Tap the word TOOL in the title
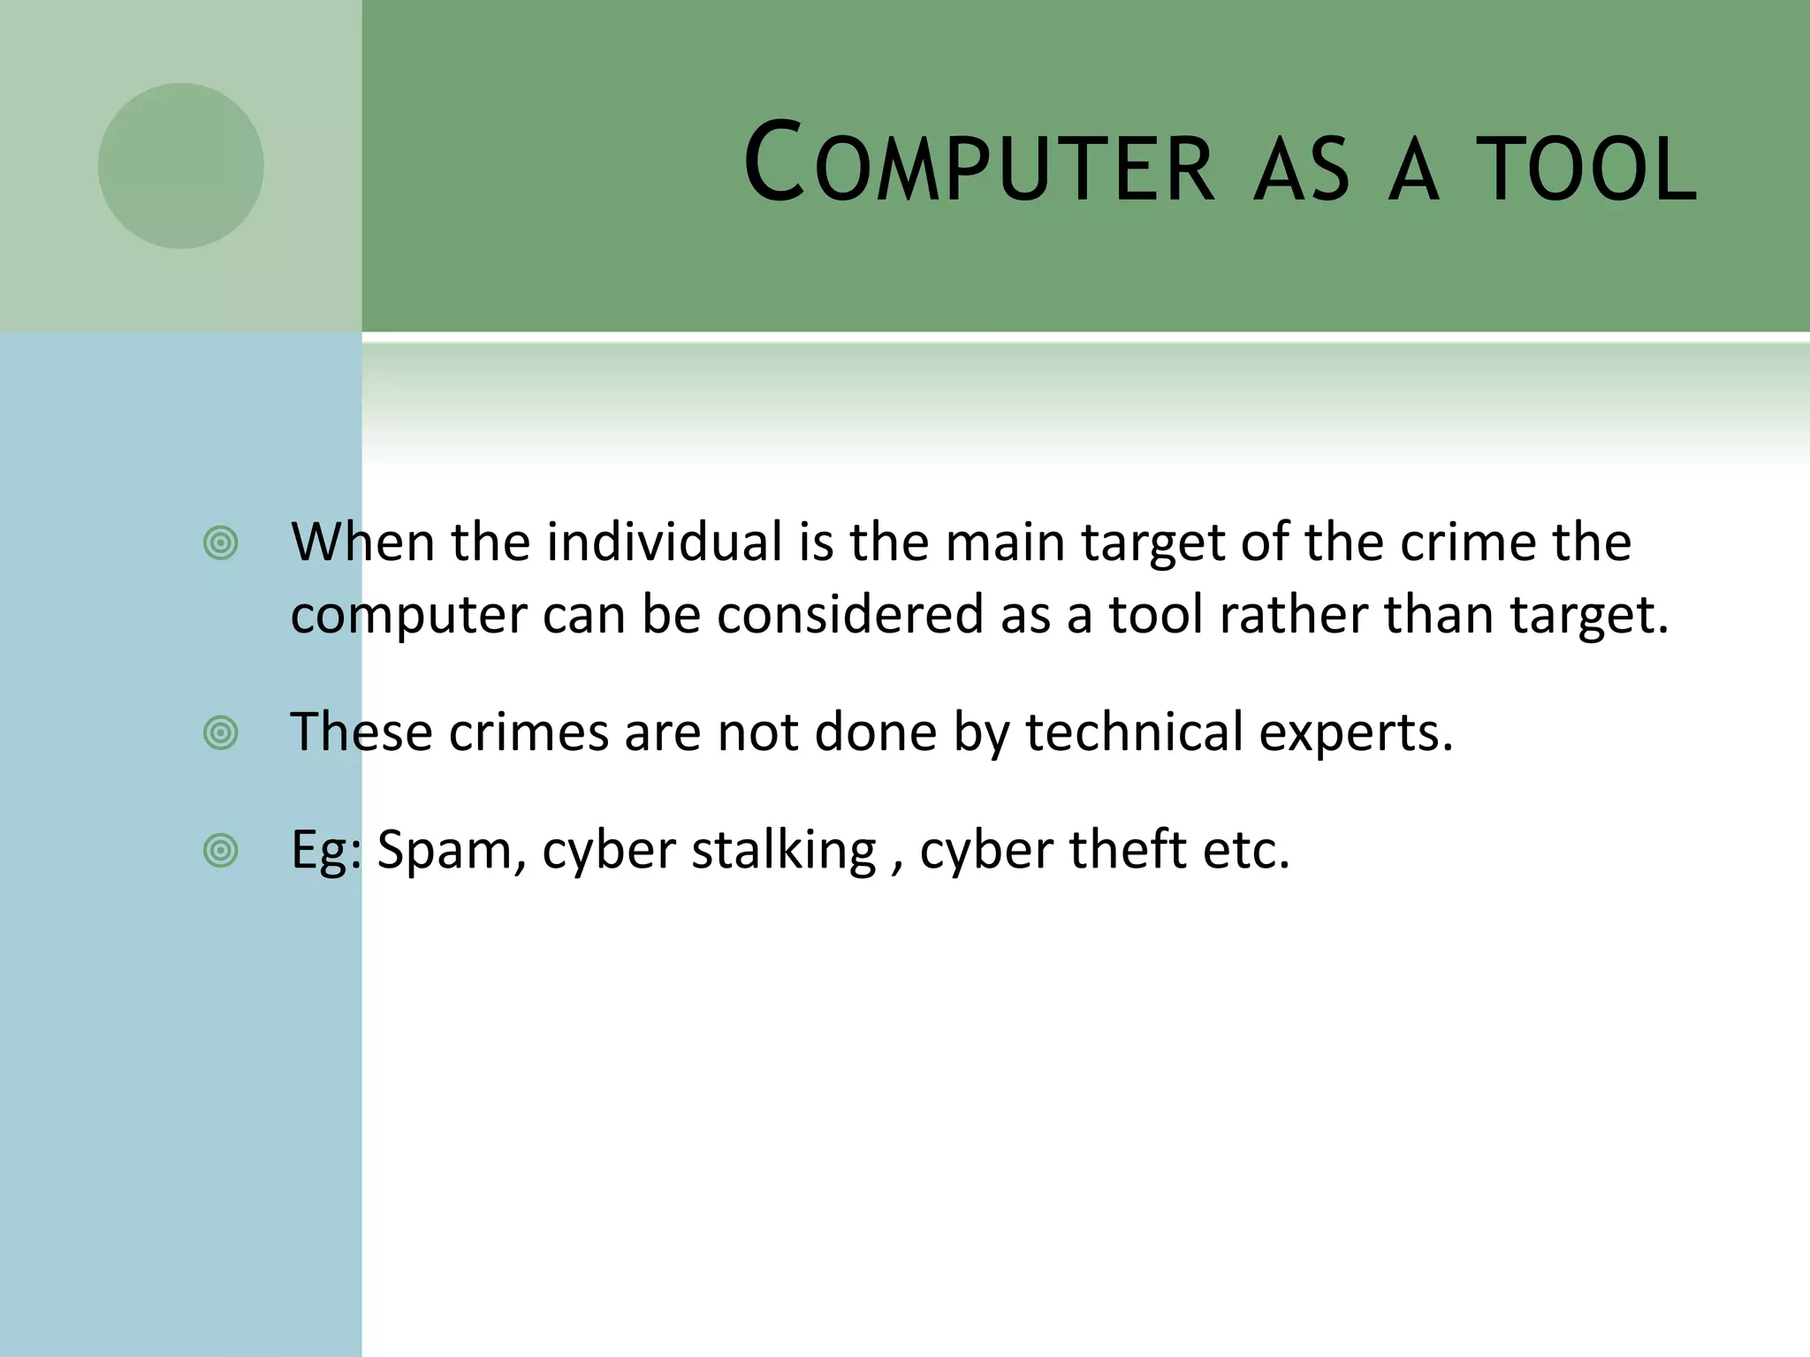(1587, 168)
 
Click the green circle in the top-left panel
(180, 166)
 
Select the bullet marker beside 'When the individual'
(220, 543)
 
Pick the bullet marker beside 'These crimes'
(220, 733)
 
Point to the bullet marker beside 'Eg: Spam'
(220, 851)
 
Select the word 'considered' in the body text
(849, 614)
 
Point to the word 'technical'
(1134, 732)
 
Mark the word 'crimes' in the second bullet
(529, 732)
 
